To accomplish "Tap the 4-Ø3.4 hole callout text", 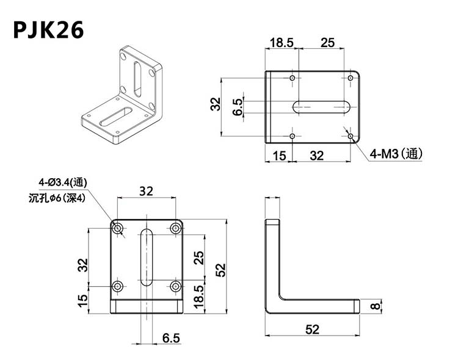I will point(62,182).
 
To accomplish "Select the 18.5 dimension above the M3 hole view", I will point(281,42).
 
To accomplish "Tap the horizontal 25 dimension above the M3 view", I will point(327,42).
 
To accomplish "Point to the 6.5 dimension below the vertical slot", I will point(171,337).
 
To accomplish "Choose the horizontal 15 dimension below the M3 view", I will point(278,156).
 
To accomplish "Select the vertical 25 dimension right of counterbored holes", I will point(198,257).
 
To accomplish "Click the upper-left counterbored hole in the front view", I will point(118,228).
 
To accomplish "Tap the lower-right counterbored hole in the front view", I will point(176,286).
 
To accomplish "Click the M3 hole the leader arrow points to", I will point(351,135).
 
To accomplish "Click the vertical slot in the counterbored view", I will point(147,257).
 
